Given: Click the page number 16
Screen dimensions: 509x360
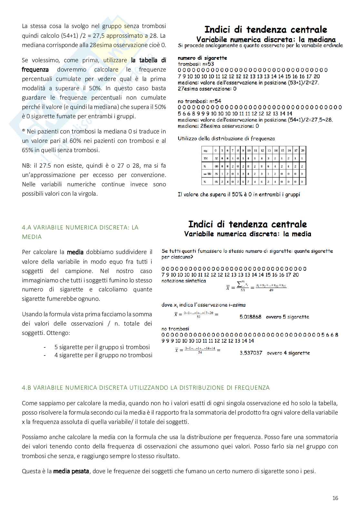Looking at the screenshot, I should tap(335, 498).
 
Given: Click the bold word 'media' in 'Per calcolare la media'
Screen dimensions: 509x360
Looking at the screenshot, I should tap(75, 252).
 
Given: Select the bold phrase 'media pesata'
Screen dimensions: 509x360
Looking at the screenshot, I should tap(71, 471).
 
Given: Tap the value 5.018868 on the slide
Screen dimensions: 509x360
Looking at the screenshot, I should tap(250, 317).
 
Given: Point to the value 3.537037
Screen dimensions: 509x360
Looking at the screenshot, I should tap(251, 353).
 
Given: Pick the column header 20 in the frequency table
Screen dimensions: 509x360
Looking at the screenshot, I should tap(303, 151).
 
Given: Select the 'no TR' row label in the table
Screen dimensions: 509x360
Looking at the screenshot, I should tap(206, 174).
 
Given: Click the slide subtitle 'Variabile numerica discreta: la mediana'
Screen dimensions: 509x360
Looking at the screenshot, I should tap(266, 40).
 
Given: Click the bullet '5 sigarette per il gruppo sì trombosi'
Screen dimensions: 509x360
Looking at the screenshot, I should tap(102, 347).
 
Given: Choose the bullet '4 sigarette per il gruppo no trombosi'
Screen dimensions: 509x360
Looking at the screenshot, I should tap(103, 355).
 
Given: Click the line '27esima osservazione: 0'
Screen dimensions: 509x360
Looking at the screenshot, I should tap(207, 89).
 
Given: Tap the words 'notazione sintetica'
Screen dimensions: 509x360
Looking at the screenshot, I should tap(184, 281).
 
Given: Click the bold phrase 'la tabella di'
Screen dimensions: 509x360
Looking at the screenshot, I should tap(148, 60).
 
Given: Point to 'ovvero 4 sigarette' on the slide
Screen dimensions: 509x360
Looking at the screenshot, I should tap(288, 353).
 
